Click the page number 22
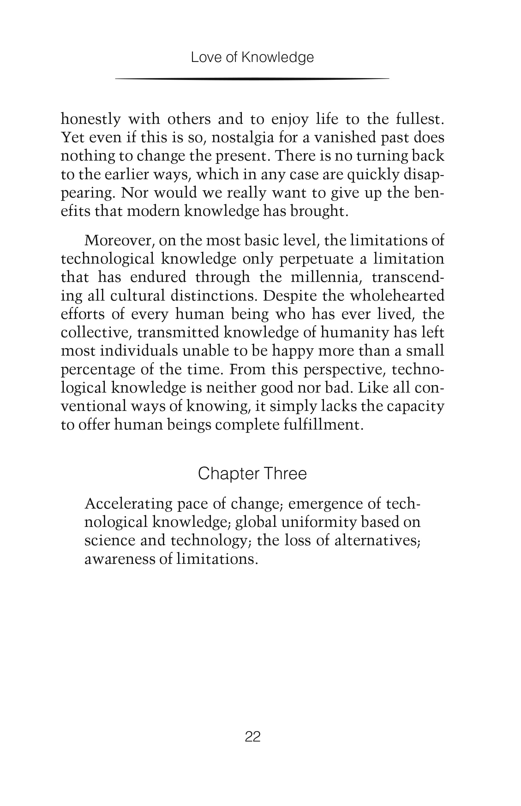pyautogui.click(x=252, y=736)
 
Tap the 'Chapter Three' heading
pyautogui.click(x=252, y=473)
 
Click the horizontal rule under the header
pyautogui.click(x=252, y=79)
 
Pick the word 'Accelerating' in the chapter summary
pyautogui.click(x=128, y=504)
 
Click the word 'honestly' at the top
pyautogui.click(x=91, y=119)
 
